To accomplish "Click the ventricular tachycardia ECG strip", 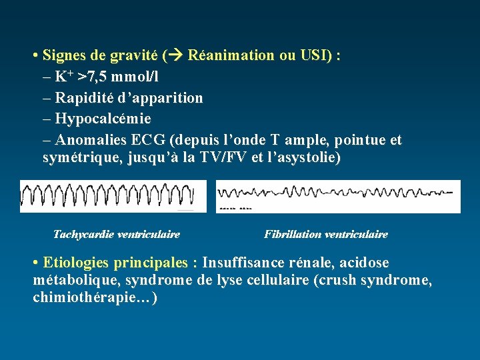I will [108, 196].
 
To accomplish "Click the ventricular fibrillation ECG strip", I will [338, 196].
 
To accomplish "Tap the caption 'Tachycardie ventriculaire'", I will [117, 235].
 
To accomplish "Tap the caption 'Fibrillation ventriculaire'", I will [326, 235].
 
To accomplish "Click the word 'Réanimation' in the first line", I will [231, 55].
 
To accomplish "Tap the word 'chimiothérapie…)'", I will [95, 297].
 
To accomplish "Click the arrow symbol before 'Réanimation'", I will [175, 55].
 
